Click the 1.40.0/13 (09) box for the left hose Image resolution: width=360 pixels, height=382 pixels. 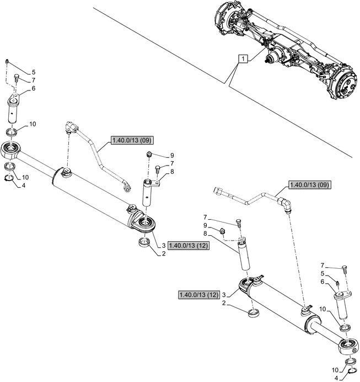click(131, 140)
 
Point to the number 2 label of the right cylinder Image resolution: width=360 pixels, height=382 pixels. click(223, 303)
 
